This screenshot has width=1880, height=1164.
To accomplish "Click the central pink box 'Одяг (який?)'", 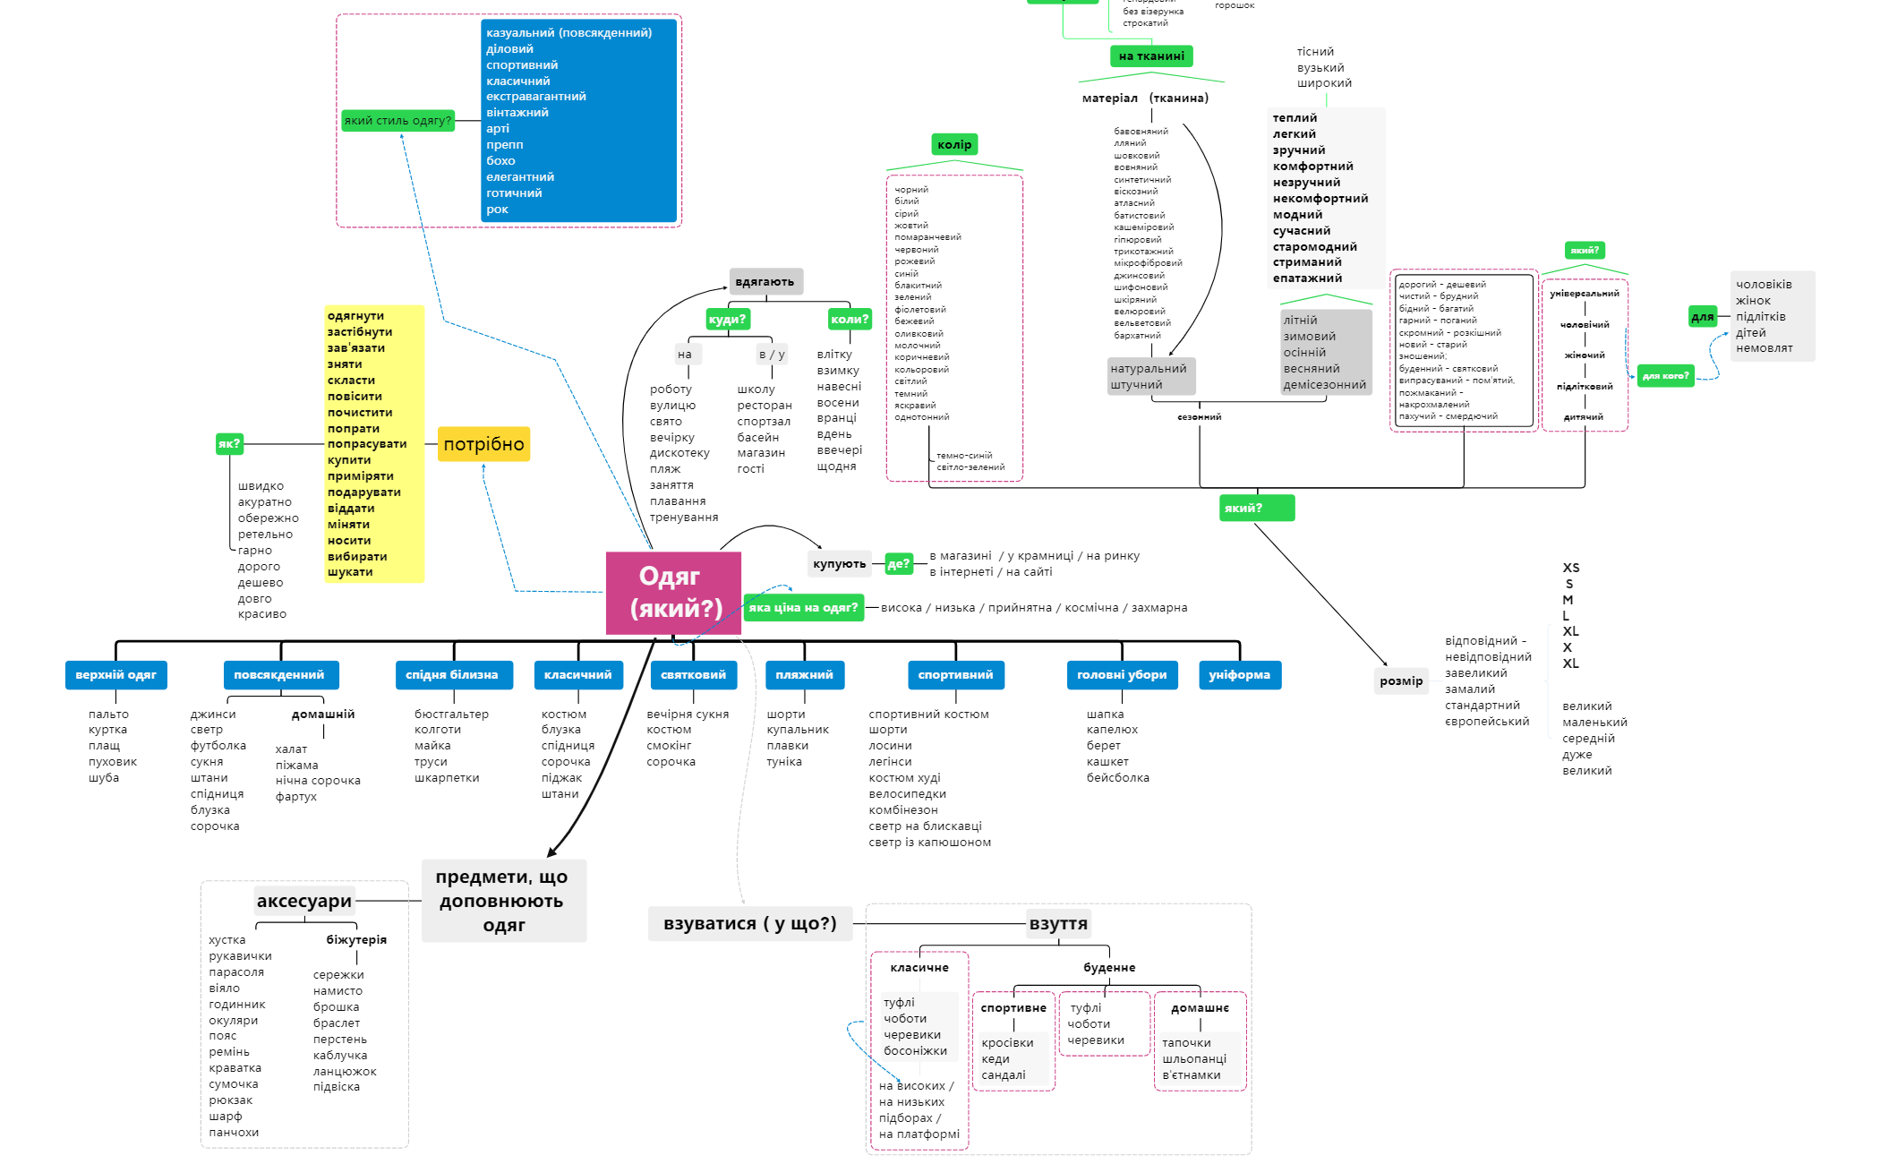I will point(673,593).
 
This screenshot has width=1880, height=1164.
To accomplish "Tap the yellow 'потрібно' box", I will point(483,444).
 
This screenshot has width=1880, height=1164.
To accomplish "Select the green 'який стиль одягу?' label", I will point(398,121).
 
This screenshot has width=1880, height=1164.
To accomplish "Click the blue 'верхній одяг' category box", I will point(115,675).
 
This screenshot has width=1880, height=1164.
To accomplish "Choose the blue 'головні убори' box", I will point(1122,675).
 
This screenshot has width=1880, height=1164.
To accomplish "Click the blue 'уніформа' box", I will point(1239,675).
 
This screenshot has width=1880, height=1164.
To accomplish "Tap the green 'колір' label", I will point(954,145).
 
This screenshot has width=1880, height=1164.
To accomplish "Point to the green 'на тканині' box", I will point(1151,56).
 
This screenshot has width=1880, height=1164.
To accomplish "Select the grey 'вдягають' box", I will point(765,282).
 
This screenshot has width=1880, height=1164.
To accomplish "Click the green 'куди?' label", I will point(727,320).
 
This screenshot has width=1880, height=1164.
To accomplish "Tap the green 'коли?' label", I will point(850,320).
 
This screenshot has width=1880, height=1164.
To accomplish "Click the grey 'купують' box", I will point(840,564).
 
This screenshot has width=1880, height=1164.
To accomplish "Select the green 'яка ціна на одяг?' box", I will point(803,608).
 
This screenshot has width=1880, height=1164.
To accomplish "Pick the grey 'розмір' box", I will point(1401,681).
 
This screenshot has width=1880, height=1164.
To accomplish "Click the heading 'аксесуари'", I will point(304,902).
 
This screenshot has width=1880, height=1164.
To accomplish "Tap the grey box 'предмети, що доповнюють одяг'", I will point(503,901).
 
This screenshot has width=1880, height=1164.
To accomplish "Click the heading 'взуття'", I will point(1058,924).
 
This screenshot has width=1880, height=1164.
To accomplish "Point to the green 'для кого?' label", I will point(1665,376).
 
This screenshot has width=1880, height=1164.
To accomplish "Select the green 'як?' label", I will point(229,444).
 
